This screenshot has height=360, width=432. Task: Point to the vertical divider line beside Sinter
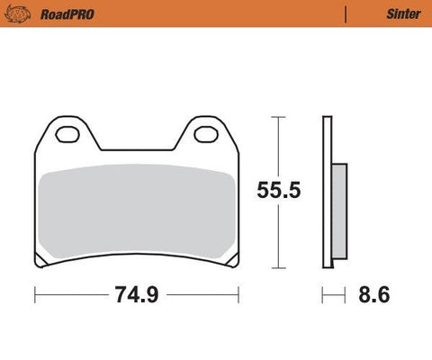(x=346, y=13)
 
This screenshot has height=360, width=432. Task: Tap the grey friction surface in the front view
(x=135, y=212)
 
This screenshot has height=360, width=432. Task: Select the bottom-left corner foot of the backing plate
(x=40, y=263)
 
